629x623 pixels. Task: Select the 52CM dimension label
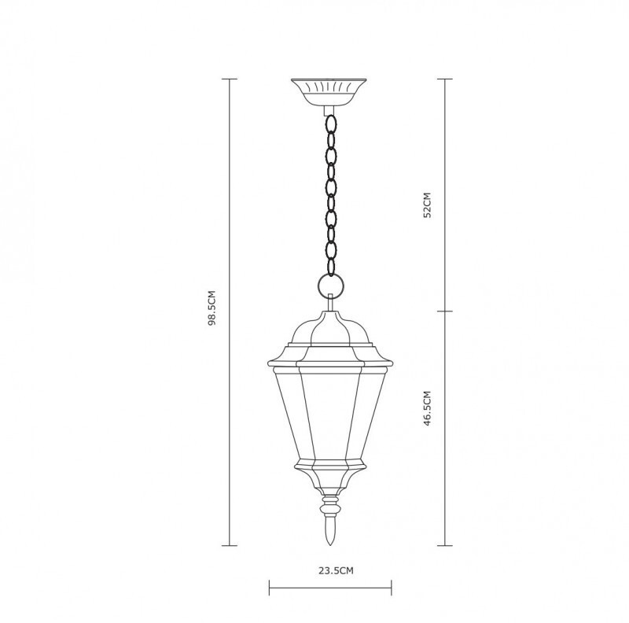point(428,206)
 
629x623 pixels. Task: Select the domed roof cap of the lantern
point(330,330)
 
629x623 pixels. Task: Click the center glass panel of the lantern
point(330,413)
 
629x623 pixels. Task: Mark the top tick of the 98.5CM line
point(230,79)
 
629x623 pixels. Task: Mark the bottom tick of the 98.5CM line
point(230,544)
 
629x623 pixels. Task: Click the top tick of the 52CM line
point(447,79)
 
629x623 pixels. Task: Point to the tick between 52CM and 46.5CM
point(447,310)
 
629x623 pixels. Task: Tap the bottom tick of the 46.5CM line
point(447,544)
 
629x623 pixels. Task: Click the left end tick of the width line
point(270,586)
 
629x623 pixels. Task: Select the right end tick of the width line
point(391,586)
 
